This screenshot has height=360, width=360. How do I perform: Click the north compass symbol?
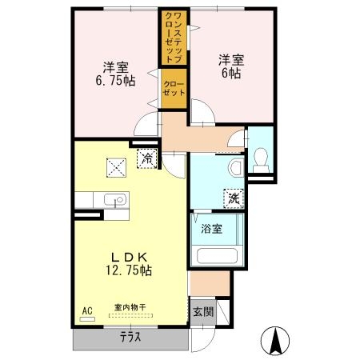coord(275,341)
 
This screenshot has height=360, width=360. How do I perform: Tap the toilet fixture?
coord(261,160)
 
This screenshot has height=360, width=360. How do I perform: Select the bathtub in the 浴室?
coord(217,256)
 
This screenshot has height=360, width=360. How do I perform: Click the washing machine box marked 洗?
coord(234,198)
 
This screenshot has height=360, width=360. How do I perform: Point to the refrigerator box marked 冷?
coord(146,158)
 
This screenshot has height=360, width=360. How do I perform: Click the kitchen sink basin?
coord(115,199)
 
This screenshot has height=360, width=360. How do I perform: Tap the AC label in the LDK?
coord(87,310)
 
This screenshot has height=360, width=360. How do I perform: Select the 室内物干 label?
coord(130,307)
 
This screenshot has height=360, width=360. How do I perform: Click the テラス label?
coord(130,338)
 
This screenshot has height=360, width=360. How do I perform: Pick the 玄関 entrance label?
coord(203,312)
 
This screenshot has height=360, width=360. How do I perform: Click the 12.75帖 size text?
coord(129,270)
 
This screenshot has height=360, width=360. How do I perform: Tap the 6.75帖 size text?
coord(115,81)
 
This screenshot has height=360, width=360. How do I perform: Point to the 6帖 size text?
coord(231,73)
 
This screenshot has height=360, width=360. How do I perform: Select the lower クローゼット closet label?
coord(174,89)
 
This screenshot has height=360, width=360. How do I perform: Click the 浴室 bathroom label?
coord(211,229)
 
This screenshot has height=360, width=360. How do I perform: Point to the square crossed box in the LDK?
coord(116,168)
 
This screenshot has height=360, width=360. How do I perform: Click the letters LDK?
coord(129,257)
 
